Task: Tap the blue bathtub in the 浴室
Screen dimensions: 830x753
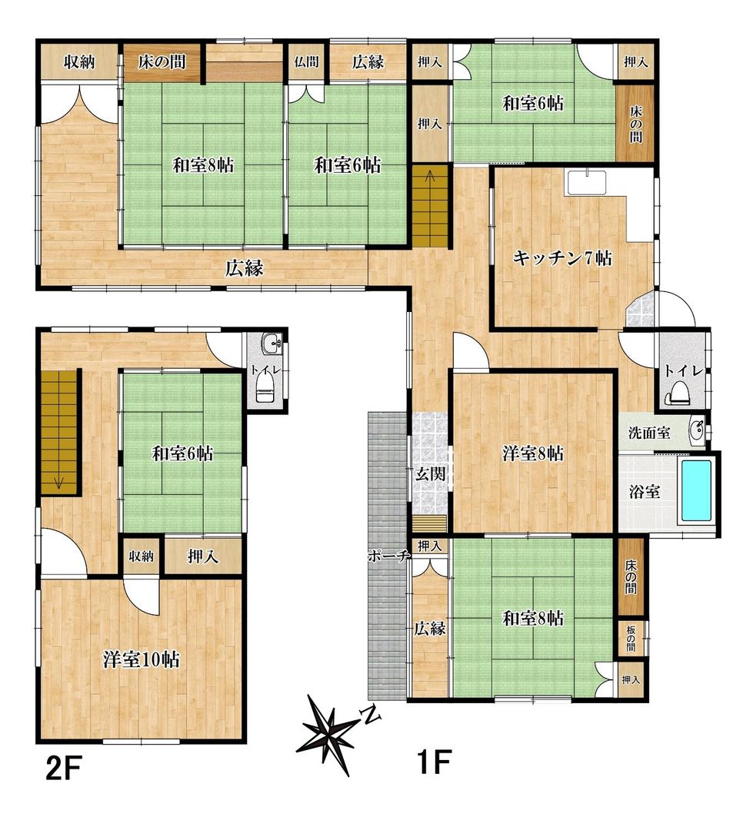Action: [698, 491]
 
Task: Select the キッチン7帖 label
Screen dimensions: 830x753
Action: [562, 258]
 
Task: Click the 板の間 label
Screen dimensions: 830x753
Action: [631, 639]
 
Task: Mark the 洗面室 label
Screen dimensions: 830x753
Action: [648, 433]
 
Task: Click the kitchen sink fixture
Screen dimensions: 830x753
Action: [587, 184]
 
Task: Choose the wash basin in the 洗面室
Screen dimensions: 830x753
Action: [697, 430]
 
